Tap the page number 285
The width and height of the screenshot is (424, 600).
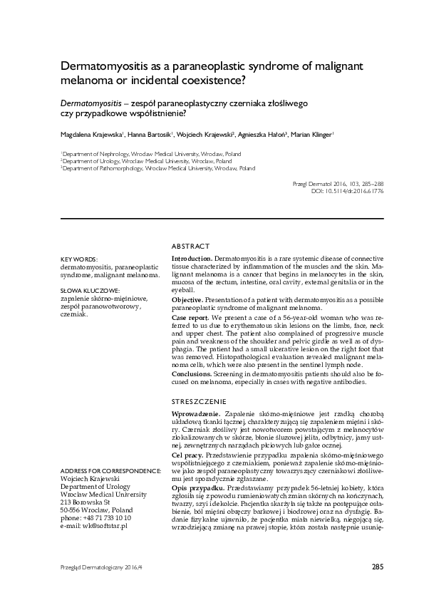coord(378,567)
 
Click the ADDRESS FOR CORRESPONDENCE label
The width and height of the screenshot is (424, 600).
coord(110,472)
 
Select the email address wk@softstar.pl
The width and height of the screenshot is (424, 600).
coord(93,525)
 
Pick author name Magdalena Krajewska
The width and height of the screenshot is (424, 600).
coord(91,135)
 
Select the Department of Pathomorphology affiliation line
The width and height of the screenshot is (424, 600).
coord(158,169)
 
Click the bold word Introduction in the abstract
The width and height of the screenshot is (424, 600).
coord(191,257)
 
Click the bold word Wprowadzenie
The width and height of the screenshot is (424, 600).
coord(196,414)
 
